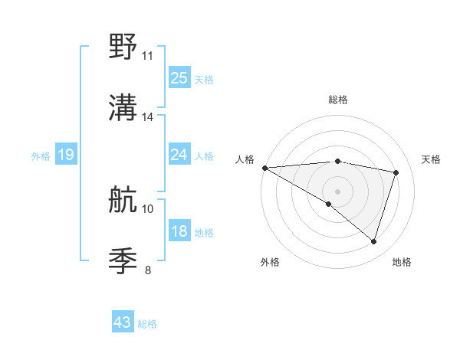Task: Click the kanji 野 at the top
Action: click(123, 48)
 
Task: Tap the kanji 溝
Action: click(123, 110)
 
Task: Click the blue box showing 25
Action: click(179, 78)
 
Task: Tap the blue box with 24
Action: click(179, 155)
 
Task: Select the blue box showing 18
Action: click(179, 231)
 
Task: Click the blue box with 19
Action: click(66, 155)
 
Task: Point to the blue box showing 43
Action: click(123, 323)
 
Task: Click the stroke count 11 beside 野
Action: click(147, 56)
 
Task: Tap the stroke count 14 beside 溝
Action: click(147, 117)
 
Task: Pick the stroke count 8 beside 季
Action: click(147, 270)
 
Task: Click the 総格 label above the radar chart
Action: click(337, 100)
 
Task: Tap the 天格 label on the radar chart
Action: click(431, 159)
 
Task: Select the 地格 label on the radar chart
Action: click(402, 263)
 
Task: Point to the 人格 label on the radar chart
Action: click(245, 159)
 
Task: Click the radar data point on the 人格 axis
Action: click(264, 168)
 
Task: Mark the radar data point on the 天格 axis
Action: click(396, 172)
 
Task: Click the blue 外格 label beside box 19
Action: click(41, 156)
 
